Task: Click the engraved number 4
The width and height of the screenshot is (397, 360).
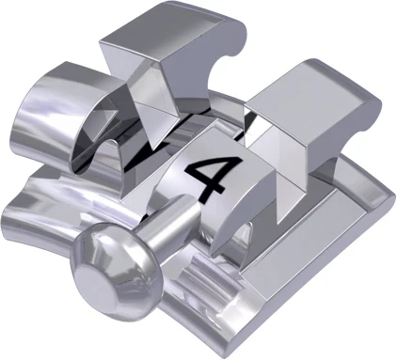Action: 209,175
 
